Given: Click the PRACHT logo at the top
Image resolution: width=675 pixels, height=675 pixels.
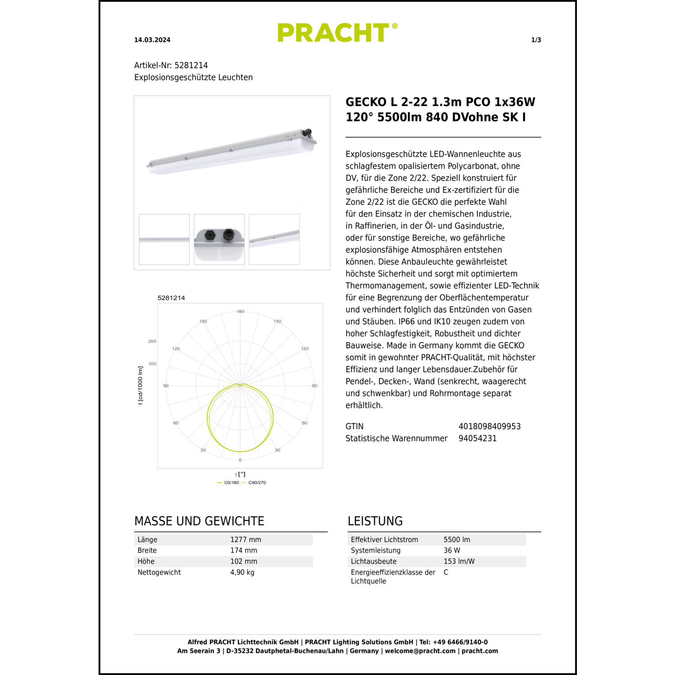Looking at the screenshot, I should (x=337, y=33).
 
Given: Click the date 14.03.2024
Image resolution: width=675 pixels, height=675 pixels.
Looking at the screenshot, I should (x=152, y=40).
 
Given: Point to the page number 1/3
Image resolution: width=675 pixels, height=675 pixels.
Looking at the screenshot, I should (x=536, y=40).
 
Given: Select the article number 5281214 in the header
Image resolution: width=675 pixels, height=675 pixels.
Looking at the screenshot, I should (x=191, y=65).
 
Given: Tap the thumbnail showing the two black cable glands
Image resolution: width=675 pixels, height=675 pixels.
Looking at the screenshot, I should (x=219, y=239).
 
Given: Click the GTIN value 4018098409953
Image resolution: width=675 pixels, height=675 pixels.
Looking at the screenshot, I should (x=489, y=426).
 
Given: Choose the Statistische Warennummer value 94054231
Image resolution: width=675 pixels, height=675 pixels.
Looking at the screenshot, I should (x=477, y=438).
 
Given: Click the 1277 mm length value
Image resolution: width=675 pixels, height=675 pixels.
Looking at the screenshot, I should (x=245, y=540).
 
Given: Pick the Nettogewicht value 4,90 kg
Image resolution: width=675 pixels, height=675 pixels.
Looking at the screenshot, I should (x=242, y=572).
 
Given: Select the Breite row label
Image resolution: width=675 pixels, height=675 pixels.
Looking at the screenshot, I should (x=147, y=550).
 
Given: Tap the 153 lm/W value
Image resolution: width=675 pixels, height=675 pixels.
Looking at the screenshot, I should (x=459, y=562).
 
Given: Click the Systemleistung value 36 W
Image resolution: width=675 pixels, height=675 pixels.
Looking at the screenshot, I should (x=452, y=550).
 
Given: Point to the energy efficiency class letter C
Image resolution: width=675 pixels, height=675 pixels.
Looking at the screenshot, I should (x=446, y=572).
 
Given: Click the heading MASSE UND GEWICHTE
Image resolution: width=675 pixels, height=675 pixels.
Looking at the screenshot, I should (x=199, y=521).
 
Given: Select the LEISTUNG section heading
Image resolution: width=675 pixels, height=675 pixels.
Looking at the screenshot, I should (x=375, y=521).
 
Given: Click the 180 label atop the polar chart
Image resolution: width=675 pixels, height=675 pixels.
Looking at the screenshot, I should (x=240, y=311).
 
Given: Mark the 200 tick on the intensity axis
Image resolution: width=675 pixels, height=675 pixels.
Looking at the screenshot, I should (x=152, y=341).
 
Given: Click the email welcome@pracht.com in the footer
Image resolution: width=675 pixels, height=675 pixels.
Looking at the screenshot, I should (x=420, y=651).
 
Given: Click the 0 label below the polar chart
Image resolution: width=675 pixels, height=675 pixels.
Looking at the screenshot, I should (x=240, y=460).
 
